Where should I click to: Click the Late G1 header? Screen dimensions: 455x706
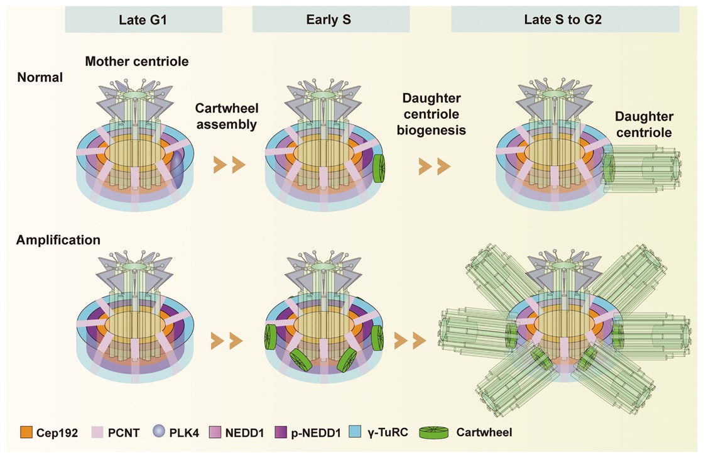pyautogui.click(x=144, y=19)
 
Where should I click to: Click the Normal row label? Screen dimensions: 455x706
pyautogui.click(x=40, y=78)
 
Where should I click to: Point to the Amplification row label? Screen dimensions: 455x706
pyautogui.click(x=58, y=240)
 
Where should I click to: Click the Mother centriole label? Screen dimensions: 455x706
pyautogui.click(x=137, y=62)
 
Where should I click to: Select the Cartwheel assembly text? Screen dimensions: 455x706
pyautogui.click(x=227, y=116)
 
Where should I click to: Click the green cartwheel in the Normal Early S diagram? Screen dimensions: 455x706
pyautogui.click(x=379, y=168)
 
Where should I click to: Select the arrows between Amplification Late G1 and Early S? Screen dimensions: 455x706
pyautogui.click(x=229, y=341)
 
